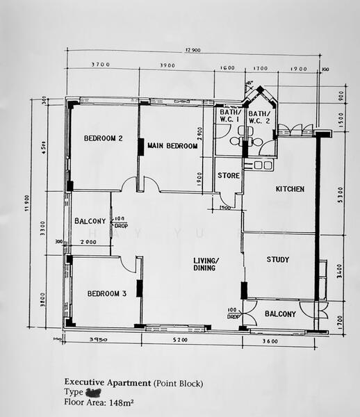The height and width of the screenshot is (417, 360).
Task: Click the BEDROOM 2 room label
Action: pyautogui.click(x=103, y=138)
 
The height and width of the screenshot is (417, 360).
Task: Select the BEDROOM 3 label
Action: pyautogui.click(x=106, y=294)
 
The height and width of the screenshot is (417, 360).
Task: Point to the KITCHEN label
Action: pyautogui.click(x=290, y=189)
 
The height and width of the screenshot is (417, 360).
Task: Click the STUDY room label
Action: pyautogui.click(x=278, y=260)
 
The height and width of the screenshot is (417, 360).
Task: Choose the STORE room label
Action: pyautogui.click(x=227, y=176)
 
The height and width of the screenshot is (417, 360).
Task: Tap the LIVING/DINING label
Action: pyautogui.click(x=206, y=264)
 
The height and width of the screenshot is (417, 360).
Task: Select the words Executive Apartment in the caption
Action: pyautogui.click(x=108, y=382)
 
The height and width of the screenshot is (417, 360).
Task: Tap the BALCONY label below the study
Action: pyautogui.click(x=280, y=314)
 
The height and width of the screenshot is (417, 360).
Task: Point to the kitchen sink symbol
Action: pyautogui.click(x=263, y=165)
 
